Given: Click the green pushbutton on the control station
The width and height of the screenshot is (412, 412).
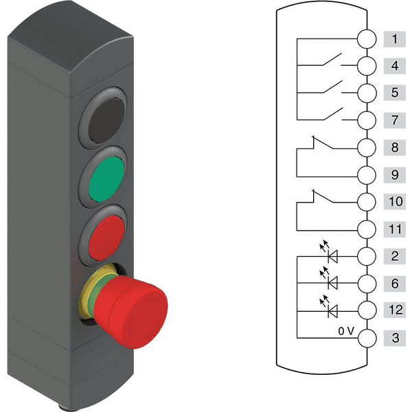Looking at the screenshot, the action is tap(106, 179).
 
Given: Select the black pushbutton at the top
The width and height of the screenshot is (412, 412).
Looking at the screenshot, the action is tap(106, 121).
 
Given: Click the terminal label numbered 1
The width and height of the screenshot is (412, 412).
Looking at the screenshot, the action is tap(394, 39).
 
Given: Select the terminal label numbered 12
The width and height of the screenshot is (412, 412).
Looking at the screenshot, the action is tap(394, 310).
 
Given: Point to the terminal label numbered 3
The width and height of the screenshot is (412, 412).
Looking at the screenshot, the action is tap(394, 338).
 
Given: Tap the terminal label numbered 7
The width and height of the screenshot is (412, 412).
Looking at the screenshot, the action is tap(394, 120).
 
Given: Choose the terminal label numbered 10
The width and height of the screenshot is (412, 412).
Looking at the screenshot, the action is tap(394, 201).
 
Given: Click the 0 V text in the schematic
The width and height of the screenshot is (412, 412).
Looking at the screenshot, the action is tap(346, 331).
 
